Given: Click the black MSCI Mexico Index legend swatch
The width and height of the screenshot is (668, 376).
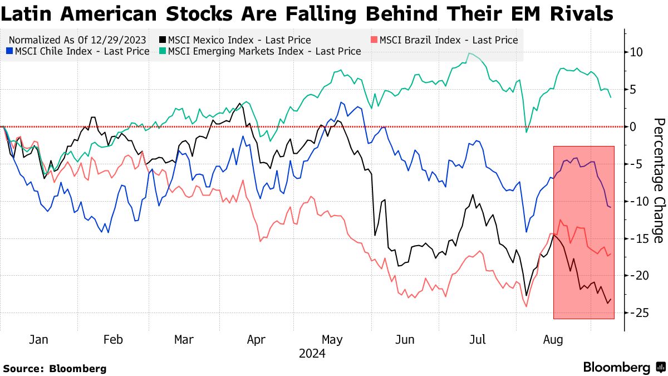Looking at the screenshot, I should [x=163, y=40].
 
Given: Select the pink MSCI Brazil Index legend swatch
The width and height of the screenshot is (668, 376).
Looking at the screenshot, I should [x=374, y=40].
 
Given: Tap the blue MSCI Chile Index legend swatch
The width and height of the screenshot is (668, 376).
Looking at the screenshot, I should [x=9, y=51].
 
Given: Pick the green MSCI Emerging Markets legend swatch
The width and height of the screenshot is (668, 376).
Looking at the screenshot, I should [x=163, y=51].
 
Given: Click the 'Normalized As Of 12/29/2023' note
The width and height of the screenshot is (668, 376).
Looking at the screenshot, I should [x=78, y=40].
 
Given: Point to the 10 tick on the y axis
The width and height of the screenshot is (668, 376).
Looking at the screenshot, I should [x=636, y=52].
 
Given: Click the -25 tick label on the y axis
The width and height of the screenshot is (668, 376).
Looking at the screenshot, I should [x=636, y=313].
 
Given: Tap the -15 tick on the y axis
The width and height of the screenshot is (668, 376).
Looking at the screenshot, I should [x=636, y=238].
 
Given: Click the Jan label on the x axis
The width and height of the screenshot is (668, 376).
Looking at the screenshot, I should [x=38, y=340].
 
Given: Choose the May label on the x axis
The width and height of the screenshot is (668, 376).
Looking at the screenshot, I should [x=332, y=340].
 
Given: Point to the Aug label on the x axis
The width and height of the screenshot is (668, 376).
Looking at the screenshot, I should [x=553, y=340].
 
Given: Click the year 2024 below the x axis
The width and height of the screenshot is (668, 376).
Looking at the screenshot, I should [x=312, y=354].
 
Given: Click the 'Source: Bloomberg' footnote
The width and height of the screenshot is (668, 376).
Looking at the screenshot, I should [x=55, y=368].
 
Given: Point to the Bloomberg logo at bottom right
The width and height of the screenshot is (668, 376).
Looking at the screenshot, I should [x=623, y=368].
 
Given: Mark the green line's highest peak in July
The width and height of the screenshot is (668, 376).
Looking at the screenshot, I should [x=469, y=53].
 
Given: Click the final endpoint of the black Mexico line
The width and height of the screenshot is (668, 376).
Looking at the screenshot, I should [x=611, y=300].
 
